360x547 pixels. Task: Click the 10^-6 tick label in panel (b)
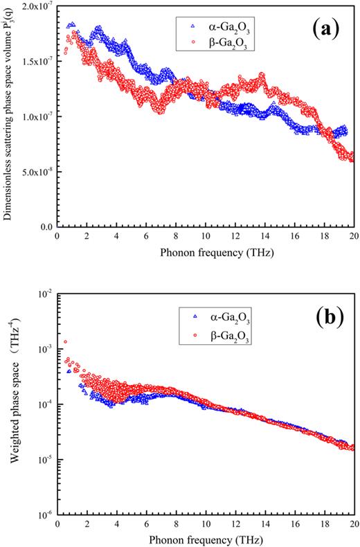tap(43, 514)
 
